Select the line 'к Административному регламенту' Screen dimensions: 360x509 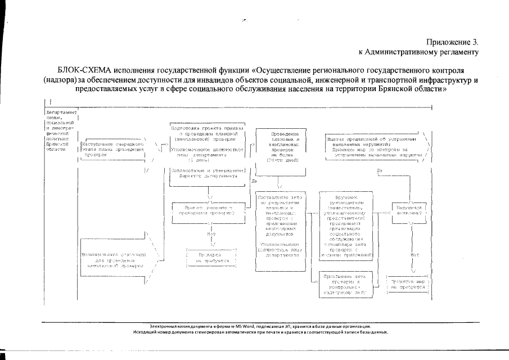418,52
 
